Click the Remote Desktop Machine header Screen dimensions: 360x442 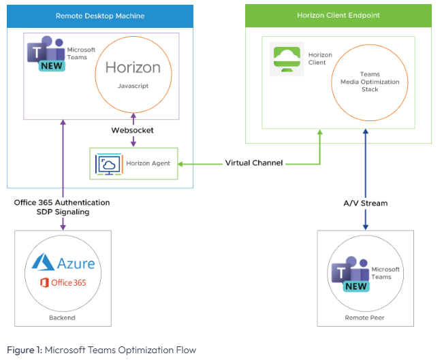(x=99, y=16)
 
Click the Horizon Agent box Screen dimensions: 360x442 (x=133, y=163)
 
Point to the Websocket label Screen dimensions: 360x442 (x=133, y=129)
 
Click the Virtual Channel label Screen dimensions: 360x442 (x=254, y=163)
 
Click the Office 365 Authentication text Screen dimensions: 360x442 (x=62, y=203)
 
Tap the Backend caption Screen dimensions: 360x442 (x=63, y=317)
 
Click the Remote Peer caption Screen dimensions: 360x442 (x=366, y=317)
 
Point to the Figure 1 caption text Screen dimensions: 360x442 (x=101, y=350)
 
